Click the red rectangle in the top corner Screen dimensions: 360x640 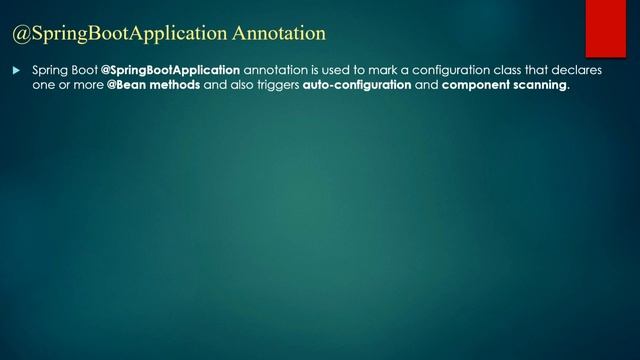[605, 28]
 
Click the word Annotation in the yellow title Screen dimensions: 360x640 [279, 34]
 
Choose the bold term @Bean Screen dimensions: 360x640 [126, 86]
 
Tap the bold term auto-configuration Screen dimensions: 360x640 [357, 86]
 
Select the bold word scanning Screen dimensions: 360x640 [541, 86]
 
